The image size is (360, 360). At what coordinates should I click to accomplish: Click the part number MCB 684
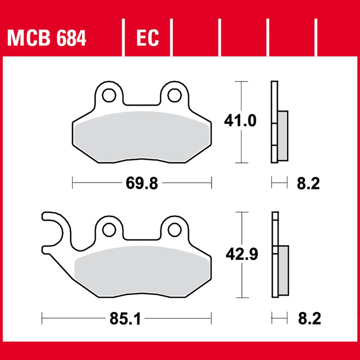point(47,38)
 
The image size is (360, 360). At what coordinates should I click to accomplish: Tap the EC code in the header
point(148,38)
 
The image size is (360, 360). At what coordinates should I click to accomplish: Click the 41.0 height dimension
point(240,121)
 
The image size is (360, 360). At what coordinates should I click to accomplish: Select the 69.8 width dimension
point(142,183)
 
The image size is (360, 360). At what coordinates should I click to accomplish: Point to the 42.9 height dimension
point(242,254)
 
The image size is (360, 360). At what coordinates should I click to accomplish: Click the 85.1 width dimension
point(125,319)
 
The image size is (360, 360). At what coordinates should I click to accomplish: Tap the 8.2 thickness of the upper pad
point(308,184)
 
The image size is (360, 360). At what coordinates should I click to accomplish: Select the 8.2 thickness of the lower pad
point(309,319)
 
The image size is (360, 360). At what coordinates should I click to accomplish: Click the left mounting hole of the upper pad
point(109,95)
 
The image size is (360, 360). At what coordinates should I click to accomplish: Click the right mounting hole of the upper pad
point(174,95)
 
